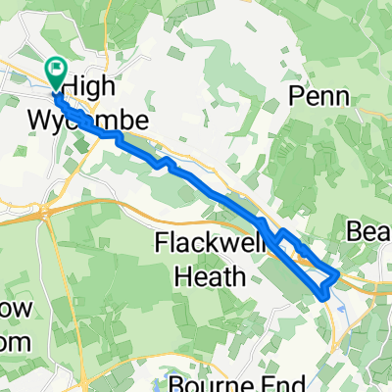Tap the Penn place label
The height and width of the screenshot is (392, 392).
(x=317, y=94)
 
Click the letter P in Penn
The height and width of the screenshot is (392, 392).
(x=296, y=94)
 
